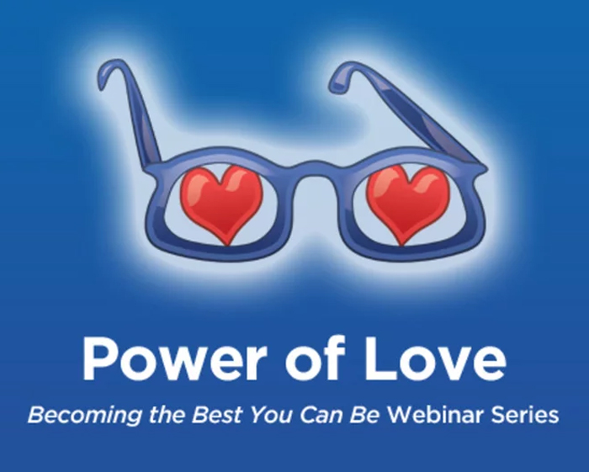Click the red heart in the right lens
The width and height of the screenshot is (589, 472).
408,199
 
